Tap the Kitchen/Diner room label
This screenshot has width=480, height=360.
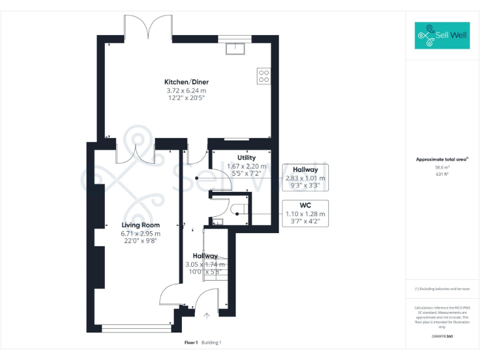(186, 82)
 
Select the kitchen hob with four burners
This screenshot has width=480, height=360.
(264, 76)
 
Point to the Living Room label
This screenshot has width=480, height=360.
(141, 225)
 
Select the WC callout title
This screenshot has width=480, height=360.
(306, 206)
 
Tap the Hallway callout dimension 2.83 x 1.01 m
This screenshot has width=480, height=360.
(306, 177)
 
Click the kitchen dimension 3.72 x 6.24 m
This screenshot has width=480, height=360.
(186, 91)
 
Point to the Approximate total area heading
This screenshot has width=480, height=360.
(442, 159)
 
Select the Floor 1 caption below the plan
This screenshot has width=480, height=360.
(191, 342)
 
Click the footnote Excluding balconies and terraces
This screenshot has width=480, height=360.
(442, 289)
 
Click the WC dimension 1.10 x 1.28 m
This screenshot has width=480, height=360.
(306, 214)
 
